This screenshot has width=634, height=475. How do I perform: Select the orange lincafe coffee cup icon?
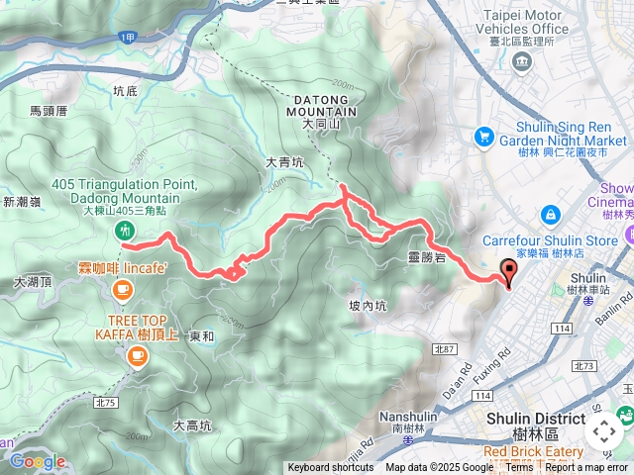pyautogui.click(x=123, y=289)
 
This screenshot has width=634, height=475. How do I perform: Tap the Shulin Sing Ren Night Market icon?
pyautogui.click(x=484, y=135)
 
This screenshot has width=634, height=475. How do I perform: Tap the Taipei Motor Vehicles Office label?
pyautogui.click(x=526, y=22)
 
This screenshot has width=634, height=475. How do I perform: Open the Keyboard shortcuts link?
pyautogui.click(x=331, y=468)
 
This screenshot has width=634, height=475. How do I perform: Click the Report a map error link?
pyautogui.click(x=586, y=468)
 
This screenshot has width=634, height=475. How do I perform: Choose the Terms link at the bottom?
pyautogui.click(x=519, y=468)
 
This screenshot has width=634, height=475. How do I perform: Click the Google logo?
pyautogui.click(x=38, y=461)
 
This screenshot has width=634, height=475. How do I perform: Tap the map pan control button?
pyautogui.click(x=604, y=430)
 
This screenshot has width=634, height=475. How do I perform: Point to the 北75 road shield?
pyautogui.click(x=107, y=402)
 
